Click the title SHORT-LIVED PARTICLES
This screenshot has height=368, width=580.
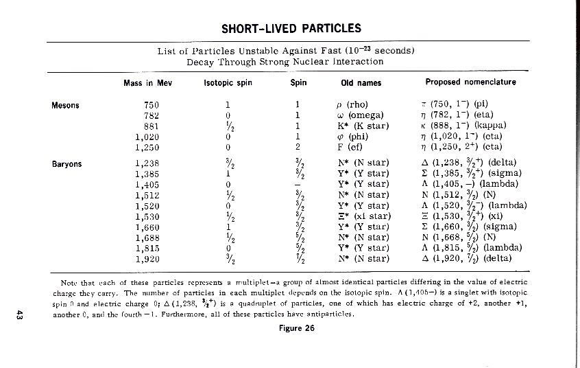[291, 29]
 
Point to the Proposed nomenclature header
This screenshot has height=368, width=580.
[470, 83]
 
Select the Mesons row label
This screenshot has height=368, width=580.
[66, 105]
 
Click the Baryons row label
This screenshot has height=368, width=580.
[67, 164]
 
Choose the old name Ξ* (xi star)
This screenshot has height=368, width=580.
[361, 217]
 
